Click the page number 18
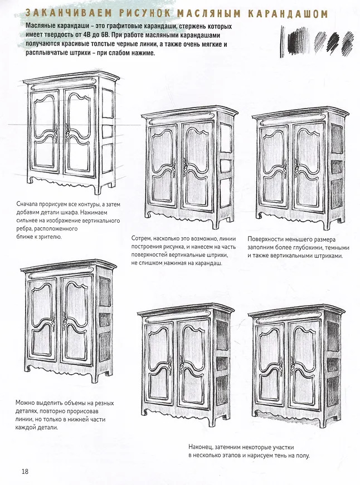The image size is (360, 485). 25,472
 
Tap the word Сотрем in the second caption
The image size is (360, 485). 141,239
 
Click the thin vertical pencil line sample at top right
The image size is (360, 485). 281,41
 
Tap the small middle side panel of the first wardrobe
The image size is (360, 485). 108,131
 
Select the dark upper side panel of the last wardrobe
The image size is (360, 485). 333,336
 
